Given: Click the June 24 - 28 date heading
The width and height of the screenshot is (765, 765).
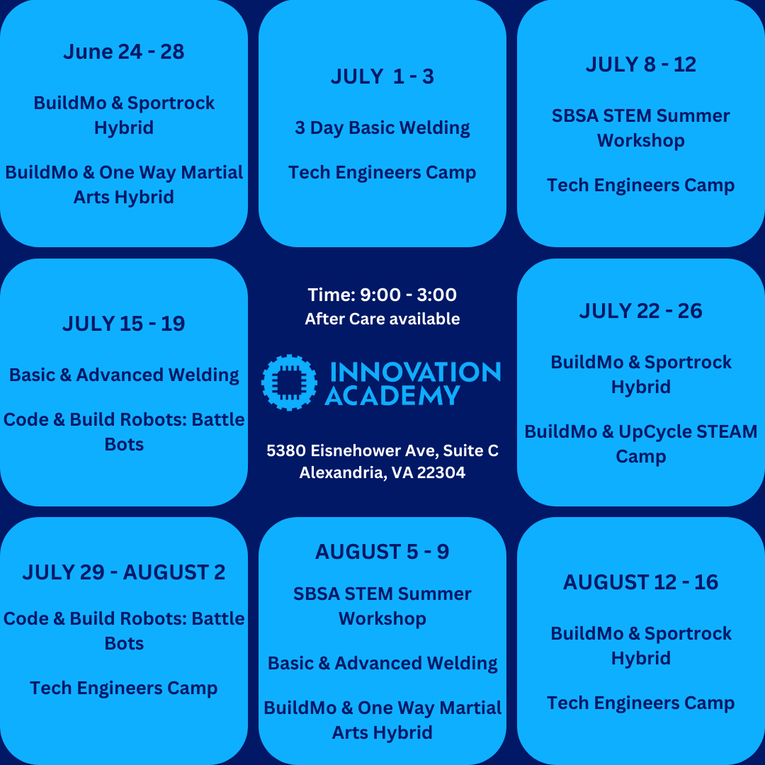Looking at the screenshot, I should [x=124, y=52].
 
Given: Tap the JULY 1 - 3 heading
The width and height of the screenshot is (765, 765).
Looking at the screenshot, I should [x=382, y=76].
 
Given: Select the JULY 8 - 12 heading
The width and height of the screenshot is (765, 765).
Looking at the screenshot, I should [x=641, y=64].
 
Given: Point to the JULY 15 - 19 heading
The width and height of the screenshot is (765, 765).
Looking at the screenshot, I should [x=124, y=324].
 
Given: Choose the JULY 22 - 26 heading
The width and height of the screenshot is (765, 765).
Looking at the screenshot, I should [x=641, y=311].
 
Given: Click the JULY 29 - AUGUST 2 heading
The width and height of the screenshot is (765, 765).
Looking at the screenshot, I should [x=124, y=572].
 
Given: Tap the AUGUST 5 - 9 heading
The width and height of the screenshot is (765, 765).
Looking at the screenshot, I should [x=382, y=552].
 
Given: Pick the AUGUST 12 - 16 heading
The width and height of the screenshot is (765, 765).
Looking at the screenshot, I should [x=641, y=582].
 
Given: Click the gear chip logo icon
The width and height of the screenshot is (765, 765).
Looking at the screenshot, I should [x=289, y=382].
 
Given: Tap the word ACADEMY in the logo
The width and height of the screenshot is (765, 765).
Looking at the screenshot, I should [x=392, y=396].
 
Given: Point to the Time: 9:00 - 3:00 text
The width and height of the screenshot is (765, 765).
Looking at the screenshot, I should [x=382, y=295].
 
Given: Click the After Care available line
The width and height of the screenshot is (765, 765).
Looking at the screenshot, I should [x=382, y=319].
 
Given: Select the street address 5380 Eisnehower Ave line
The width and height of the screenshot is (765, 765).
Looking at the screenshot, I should [x=382, y=450].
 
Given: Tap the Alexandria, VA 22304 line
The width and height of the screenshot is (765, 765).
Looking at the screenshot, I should [x=382, y=472].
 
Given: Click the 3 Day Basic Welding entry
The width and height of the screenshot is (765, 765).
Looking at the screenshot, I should [x=382, y=128].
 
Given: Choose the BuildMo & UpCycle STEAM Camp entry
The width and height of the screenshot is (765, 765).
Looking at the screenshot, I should [x=641, y=444].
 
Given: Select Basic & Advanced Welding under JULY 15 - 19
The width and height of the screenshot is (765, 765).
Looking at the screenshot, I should [x=124, y=375].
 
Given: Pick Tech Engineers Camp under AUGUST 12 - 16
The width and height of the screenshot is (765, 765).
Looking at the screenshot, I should [x=641, y=703].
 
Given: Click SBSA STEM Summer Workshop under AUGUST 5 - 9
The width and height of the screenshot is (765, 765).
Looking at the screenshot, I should [x=382, y=606].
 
